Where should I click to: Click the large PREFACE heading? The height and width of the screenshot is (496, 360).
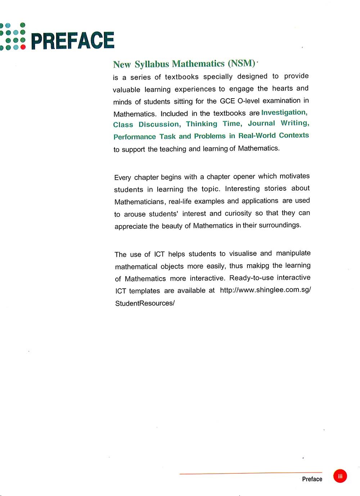tap(73, 40)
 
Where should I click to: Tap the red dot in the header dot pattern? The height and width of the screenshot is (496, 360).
tap(23, 47)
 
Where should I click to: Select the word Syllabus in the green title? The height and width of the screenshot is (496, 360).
tap(152, 64)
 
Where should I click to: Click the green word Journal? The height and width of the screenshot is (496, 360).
tap(261, 123)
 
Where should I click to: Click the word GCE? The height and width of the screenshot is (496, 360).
tap(227, 101)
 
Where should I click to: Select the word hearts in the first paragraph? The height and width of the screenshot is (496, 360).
tap(283, 89)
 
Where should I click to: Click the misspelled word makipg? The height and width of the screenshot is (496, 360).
tap(258, 266)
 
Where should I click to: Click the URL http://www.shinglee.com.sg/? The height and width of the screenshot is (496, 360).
tap(265, 290)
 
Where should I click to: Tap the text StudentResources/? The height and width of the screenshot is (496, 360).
tap(145, 303)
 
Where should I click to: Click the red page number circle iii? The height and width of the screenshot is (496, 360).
tap(340, 476)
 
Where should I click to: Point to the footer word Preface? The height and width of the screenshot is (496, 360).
tap(312, 479)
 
